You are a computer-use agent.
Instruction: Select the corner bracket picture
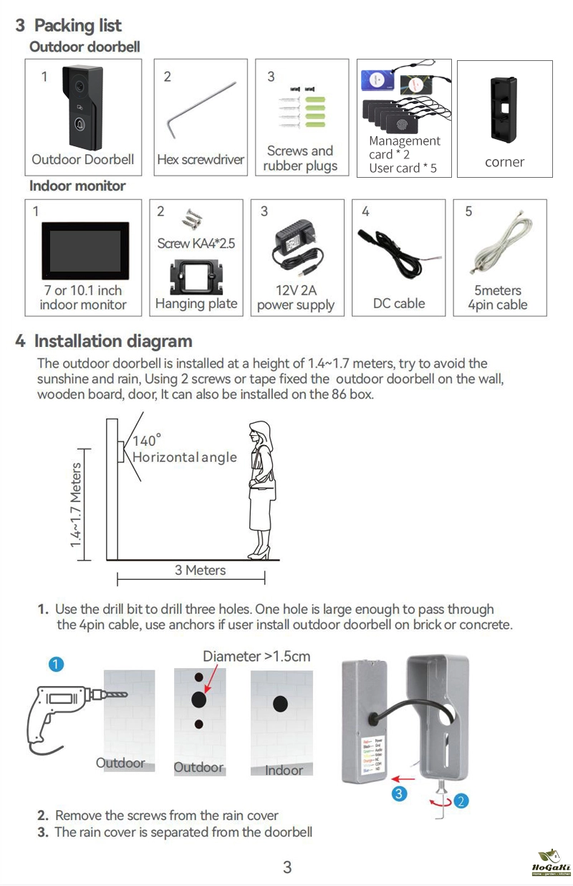click(x=504, y=108)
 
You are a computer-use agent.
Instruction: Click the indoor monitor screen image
click(x=84, y=251)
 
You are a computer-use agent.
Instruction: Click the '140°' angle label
click(x=147, y=440)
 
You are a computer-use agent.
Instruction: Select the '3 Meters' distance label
click(x=200, y=571)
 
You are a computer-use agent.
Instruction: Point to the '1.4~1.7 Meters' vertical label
click(x=76, y=505)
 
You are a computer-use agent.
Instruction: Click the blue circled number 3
click(x=400, y=793)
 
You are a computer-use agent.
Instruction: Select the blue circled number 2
click(x=461, y=801)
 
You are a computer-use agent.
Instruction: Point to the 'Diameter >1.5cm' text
click(x=256, y=656)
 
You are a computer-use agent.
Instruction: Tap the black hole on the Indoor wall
click(x=280, y=704)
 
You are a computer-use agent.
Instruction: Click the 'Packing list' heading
click(x=78, y=26)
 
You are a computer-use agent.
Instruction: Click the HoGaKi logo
click(x=551, y=864)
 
